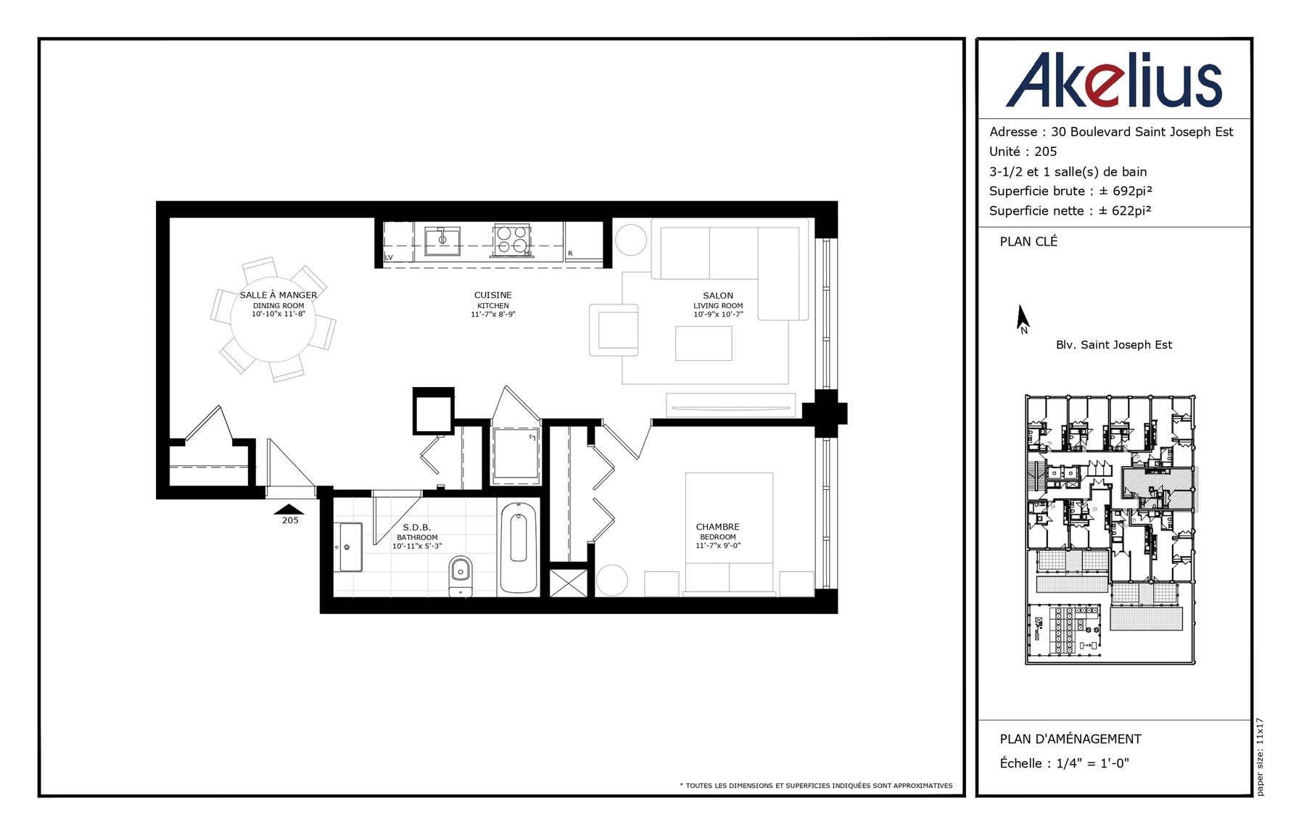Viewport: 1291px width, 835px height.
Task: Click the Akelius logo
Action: [1114, 80]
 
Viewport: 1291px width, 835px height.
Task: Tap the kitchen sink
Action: [442, 241]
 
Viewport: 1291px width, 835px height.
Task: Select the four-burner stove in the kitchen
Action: [512, 240]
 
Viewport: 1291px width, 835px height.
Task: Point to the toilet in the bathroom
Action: [460, 576]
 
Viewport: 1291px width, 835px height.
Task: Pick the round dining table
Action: [273, 320]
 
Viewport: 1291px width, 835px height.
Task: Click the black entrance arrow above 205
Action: [289, 509]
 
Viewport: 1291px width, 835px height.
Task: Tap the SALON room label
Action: [718, 295]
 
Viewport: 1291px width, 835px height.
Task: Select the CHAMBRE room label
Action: [718, 527]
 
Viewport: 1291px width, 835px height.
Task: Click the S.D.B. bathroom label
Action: [417, 527]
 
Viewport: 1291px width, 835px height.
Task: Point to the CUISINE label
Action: [493, 295]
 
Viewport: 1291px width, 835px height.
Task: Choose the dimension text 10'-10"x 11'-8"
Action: [279, 314]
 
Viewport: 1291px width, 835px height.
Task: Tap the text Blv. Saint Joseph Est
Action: [1114, 345]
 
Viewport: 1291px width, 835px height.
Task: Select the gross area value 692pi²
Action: [1132, 191]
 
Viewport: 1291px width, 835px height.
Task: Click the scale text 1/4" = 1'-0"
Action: [1092, 763]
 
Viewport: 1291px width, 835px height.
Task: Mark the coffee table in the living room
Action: [704, 343]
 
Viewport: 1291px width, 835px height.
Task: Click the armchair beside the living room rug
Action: [614, 330]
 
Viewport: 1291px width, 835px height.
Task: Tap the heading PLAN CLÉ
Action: [1028, 241]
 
